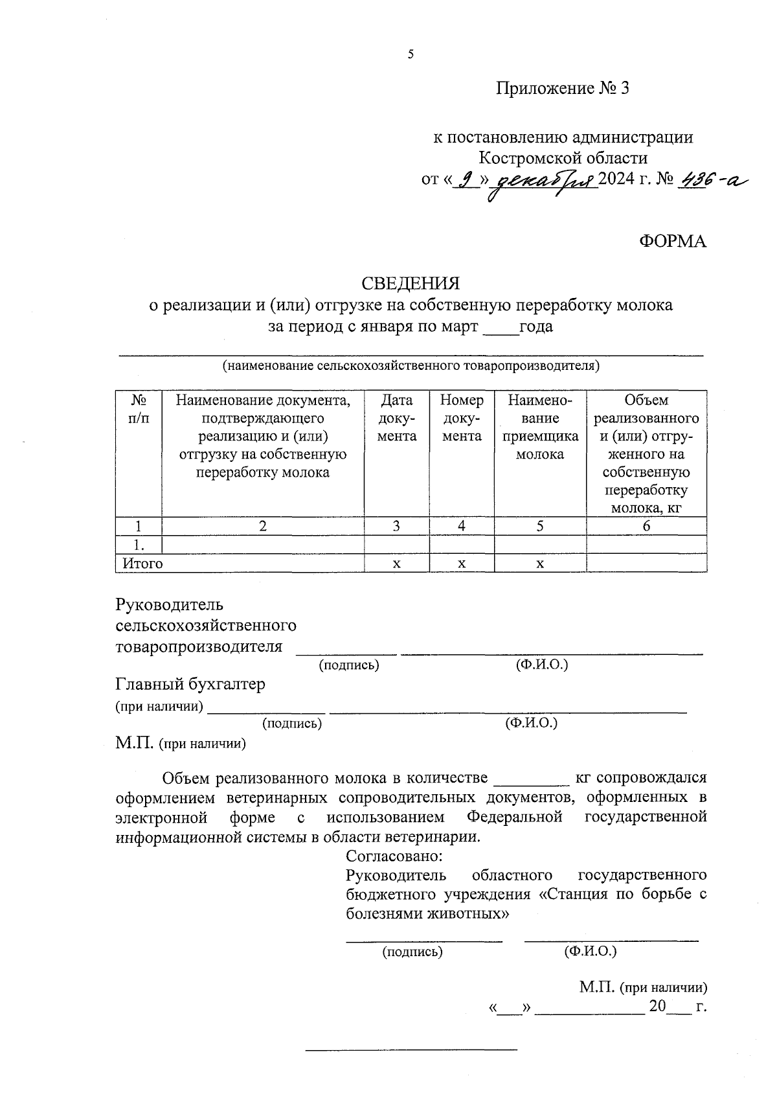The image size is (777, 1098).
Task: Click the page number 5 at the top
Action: click(x=411, y=55)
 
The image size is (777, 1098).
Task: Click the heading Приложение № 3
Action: click(x=562, y=89)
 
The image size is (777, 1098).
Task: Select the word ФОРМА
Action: click(x=673, y=241)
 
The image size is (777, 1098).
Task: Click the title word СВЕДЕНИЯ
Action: click(x=411, y=284)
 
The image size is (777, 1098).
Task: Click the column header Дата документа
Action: click(x=396, y=418)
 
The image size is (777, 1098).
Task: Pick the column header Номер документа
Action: click(x=461, y=418)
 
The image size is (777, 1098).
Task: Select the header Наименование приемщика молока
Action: click(x=539, y=427)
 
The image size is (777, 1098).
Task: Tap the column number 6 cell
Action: click(x=646, y=526)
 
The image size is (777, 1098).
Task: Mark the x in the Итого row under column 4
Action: click(x=461, y=564)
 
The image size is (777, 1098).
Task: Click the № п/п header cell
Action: click(x=138, y=409)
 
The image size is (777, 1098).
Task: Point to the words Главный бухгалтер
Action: click(x=190, y=684)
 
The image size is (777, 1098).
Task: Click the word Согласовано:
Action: click(x=394, y=855)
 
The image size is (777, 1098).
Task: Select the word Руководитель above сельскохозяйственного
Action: click(x=169, y=605)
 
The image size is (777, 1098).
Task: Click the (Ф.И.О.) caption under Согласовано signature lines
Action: click(x=590, y=951)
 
